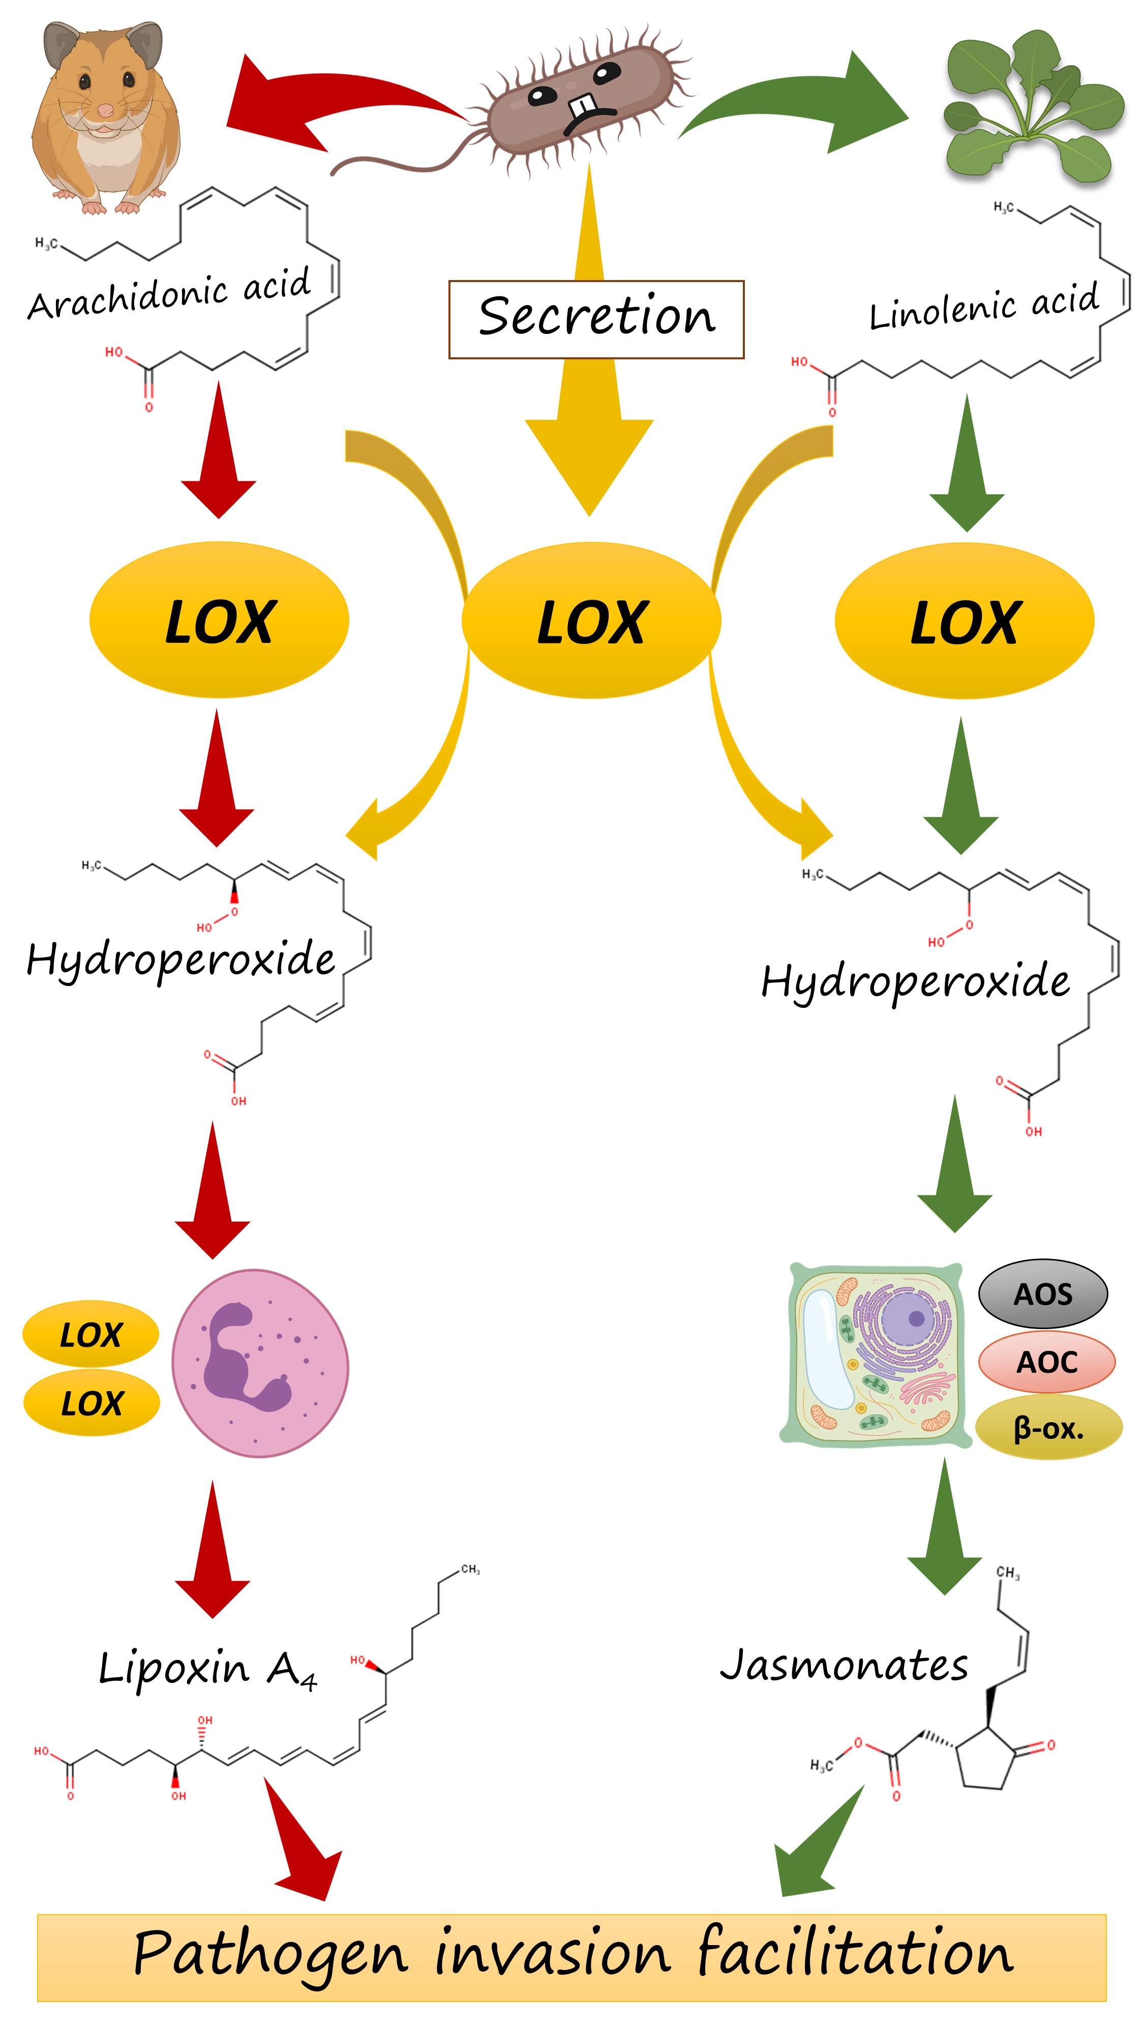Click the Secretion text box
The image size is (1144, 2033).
(595, 319)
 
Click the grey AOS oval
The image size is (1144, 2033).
(1042, 1295)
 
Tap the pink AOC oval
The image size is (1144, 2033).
(1046, 1362)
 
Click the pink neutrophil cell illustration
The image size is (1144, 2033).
(260, 1363)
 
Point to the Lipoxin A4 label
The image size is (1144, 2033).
(207, 1669)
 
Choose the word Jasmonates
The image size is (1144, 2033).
(843, 1665)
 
